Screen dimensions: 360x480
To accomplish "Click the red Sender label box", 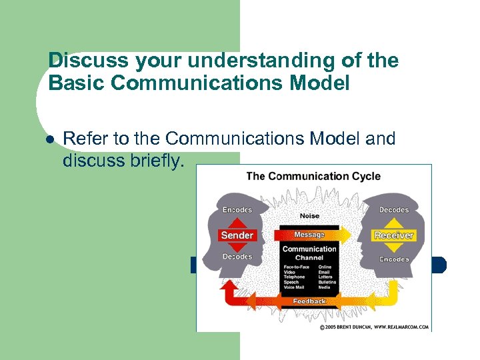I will [x=237, y=235].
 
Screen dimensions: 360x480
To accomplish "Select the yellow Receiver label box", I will [x=394, y=235].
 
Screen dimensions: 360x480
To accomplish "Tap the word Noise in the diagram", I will [x=309, y=216].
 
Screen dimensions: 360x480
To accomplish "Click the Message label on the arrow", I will [x=309, y=235].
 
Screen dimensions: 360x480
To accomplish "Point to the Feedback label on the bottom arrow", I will [x=309, y=301].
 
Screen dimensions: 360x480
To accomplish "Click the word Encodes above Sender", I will [x=237, y=210].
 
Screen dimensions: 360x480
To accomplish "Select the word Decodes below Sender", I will [x=237, y=257].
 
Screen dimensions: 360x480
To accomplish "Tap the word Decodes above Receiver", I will [x=394, y=210].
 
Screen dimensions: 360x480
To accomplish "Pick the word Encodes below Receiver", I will [x=394, y=259].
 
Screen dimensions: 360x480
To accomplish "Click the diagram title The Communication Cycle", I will [x=313, y=177].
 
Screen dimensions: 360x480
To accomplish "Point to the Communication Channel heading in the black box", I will [x=309, y=253].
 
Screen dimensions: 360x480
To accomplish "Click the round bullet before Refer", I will [x=49, y=139].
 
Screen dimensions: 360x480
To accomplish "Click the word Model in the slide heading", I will [x=319, y=84].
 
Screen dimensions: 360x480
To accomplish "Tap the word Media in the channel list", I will [x=325, y=287].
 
